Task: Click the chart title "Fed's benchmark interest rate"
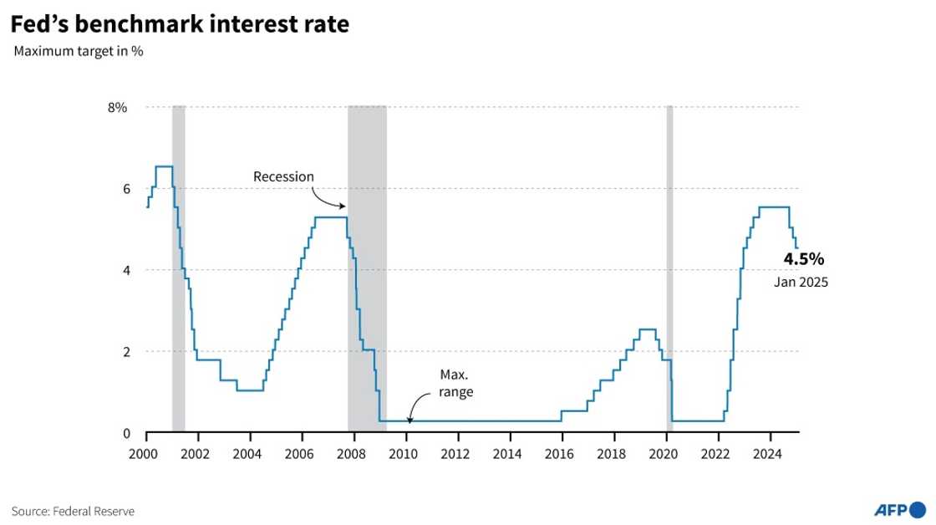click(180, 25)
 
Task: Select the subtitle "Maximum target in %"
click(79, 52)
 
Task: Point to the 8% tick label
click(117, 107)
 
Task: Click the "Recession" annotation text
click(283, 176)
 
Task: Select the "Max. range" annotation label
click(455, 383)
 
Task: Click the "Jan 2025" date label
click(801, 283)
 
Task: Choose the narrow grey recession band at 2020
click(669, 268)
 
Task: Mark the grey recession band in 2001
click(178, 268)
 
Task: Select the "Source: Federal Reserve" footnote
click(73, 510)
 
